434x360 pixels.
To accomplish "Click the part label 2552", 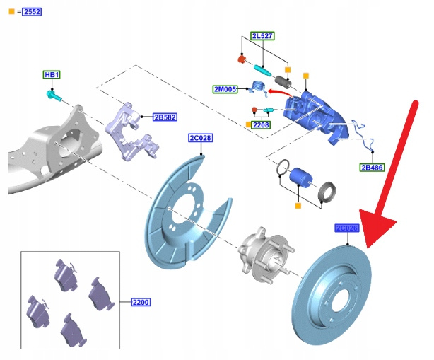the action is click(33, 12).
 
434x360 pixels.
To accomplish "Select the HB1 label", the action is click(52, 75).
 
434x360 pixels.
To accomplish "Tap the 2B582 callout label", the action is click(165, 117).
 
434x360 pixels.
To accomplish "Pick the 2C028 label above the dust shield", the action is click(201, 138).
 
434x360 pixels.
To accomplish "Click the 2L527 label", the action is click(262, 36).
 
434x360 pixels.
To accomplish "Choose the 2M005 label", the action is click(225, 89).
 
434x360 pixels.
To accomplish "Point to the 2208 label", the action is click(261, 125).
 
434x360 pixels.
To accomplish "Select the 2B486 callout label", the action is click(372, 167).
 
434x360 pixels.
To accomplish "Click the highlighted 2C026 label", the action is click(347, 228).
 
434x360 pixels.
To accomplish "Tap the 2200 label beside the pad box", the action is click(141, 302).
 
